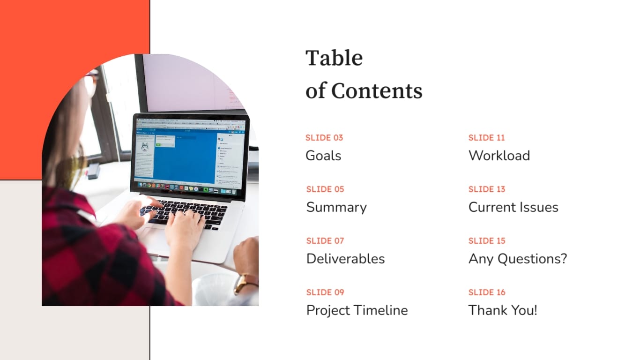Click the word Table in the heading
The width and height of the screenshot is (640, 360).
click(334, 58)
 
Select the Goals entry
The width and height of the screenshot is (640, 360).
click(323, 156)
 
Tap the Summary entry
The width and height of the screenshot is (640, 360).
click(336, 207)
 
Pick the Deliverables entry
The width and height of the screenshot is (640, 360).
click(345, 259)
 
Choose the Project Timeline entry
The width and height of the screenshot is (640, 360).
click(357, 310)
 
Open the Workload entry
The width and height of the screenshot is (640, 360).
click(499, 156)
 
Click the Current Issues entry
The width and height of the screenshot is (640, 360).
click(513, 207)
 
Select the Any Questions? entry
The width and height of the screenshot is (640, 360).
click(517, 259)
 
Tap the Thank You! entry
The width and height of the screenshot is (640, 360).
click(503, 310)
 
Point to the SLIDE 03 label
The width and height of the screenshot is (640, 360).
click(324, 138)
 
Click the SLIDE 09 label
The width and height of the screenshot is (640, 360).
click(325, 292)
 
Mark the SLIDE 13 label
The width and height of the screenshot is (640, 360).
click(487, 189)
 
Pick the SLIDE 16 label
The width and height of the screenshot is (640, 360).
click(487, 292)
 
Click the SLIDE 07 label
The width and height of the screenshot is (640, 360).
click(325, 241)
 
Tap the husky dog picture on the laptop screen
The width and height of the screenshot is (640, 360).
click(145, 148)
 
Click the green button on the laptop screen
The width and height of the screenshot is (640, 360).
click(158, 145)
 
